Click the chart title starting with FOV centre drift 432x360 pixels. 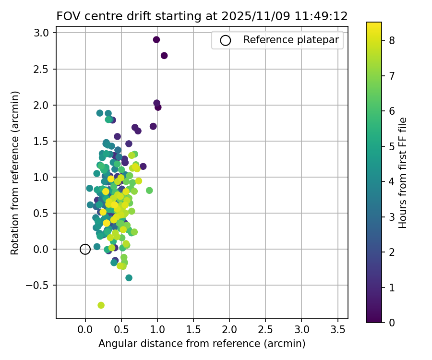tap(202, 16)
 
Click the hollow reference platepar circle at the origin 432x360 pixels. tap(85, 249)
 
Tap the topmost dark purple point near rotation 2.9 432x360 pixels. tap(156, 40)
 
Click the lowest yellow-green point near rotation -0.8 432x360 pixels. tap(101, 305)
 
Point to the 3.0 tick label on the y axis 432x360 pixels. tap(45, 33)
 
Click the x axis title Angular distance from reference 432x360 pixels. tap(202, 344)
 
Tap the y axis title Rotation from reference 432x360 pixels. tap(15, 173)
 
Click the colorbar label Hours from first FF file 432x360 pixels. tap(403, 173)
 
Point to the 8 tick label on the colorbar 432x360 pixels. tap(392, 41)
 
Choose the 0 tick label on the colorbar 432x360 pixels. tap(392, 322)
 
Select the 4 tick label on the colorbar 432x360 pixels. tap(392, 181)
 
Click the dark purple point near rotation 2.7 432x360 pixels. tap(164, 56)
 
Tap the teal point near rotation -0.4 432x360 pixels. tap(129, 278)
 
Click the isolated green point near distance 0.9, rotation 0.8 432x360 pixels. tap(149, 191)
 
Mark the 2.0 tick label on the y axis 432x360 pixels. tap(45, 105)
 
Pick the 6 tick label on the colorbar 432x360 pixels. tap(392, 111)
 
